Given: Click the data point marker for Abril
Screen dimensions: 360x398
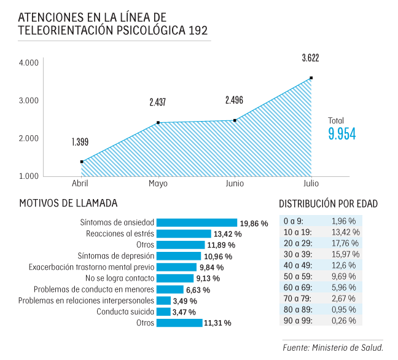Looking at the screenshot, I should point(82,162).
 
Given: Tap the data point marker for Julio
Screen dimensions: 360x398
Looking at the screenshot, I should point(311,78).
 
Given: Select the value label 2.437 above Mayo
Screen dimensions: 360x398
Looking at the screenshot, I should point(157,103).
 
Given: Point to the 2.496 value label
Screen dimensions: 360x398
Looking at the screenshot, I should point(234,100).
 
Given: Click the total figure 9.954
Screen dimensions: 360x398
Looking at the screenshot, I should point(342,135).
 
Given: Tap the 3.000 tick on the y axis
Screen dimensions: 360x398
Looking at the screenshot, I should point(29,100).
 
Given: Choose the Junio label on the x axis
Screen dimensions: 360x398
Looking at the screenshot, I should point(235,184).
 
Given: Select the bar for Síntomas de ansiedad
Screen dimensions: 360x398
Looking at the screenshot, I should point(197,223).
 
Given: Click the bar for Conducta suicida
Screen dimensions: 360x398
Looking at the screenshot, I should point(163,311).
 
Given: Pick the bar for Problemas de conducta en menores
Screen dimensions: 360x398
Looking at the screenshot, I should point(170,289).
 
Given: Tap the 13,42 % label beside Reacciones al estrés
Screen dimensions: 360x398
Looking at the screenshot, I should point(227,234).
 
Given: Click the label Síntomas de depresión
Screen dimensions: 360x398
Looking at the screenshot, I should point(115,256).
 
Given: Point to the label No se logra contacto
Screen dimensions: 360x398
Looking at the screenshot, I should point(118,278).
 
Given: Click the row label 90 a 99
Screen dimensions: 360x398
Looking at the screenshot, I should point(297,320).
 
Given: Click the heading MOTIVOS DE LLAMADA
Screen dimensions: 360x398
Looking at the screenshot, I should point(68,203).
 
